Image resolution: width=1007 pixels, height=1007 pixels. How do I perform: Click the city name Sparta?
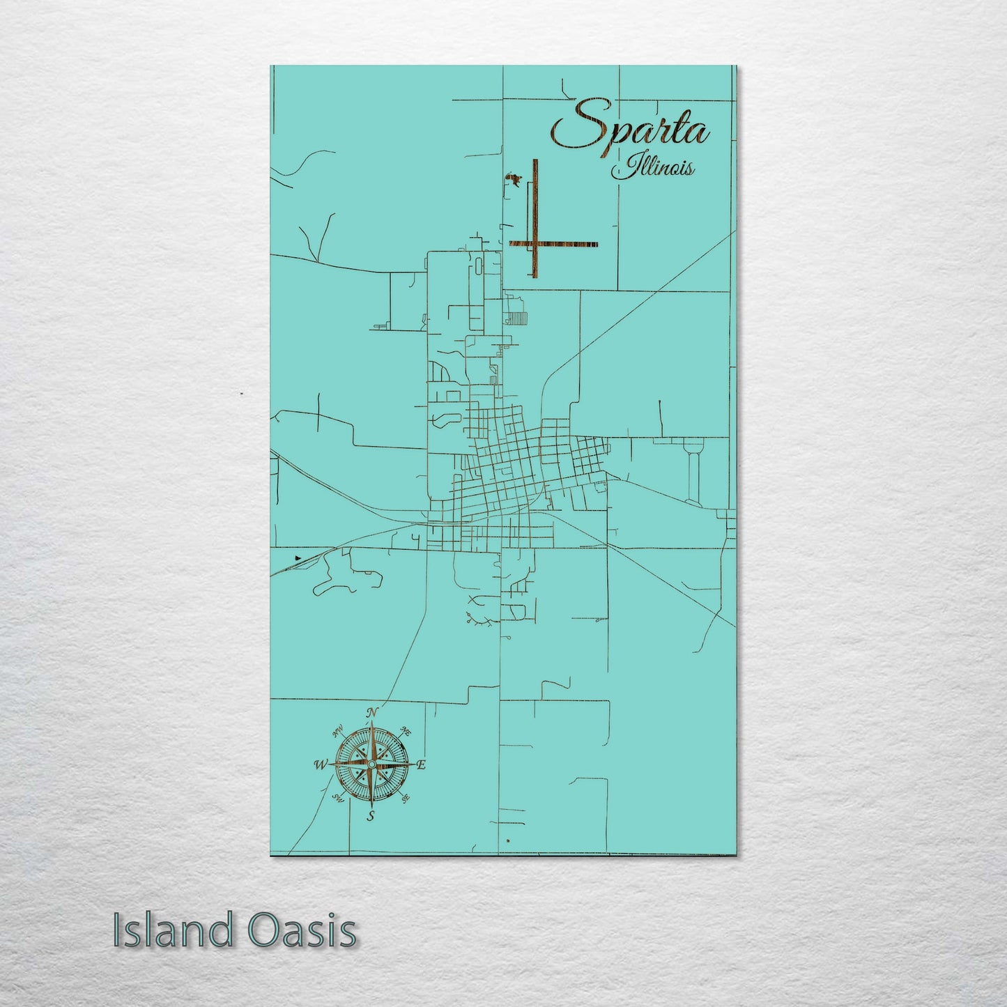point(631,126)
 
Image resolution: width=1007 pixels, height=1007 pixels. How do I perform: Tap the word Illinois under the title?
point(652,168)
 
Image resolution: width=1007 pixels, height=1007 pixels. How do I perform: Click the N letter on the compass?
point(372,712)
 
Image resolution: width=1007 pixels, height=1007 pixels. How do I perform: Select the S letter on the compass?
point(371,817)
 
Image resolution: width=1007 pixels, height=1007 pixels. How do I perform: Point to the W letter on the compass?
point(320,764)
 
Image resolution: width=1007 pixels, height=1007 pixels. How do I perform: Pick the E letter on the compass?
point(421,764)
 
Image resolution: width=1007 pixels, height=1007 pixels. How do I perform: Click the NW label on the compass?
point(338,731)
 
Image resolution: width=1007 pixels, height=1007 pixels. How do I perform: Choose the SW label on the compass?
point(339,799)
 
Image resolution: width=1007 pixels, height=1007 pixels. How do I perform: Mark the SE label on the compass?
point(405,799)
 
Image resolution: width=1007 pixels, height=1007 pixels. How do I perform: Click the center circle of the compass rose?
point(371,764)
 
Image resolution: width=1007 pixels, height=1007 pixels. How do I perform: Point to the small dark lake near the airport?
point(514,181)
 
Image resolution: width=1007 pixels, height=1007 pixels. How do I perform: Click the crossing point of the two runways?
point(535,244)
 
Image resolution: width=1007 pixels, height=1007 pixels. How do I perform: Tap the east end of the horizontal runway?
point(596,244)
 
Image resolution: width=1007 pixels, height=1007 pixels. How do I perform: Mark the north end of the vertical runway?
point(535,162)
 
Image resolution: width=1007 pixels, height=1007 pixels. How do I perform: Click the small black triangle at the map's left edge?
point(299,558)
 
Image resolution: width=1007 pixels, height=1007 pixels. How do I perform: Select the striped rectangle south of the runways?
point(519,318)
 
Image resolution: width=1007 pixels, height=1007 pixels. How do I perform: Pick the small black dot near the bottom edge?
point(509,841)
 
